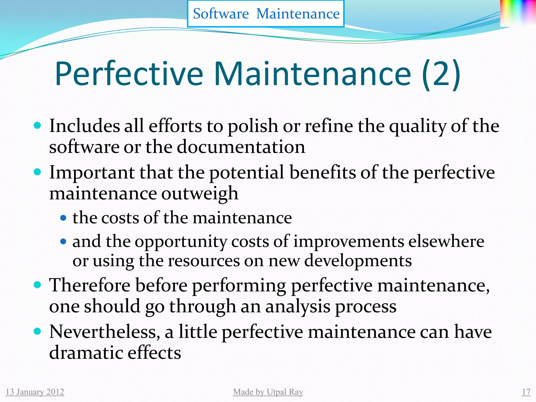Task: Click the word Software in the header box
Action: pyautogui.click(x=221, y=14)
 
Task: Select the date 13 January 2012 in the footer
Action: pyautogui.click(x=35, y=392)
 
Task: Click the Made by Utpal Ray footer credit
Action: pyautogui.click(x=268, y=392)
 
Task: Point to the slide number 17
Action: pyautogui.click(x=526, y=392)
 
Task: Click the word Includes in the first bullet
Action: pyautogui.click(x=84, y=126)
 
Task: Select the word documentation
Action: pyautogui.click(x=241, y=147)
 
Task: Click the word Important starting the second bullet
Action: pyautogui.click(x=92, y=173)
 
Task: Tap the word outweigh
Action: pyautogui.click(x=199, y=194)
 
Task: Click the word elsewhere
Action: pyautogui.click(x=446, y=241)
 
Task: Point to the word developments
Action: pyautogui.click(x=358, y=261)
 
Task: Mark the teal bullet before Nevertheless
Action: pyautogui.click(x=38, y=331)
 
